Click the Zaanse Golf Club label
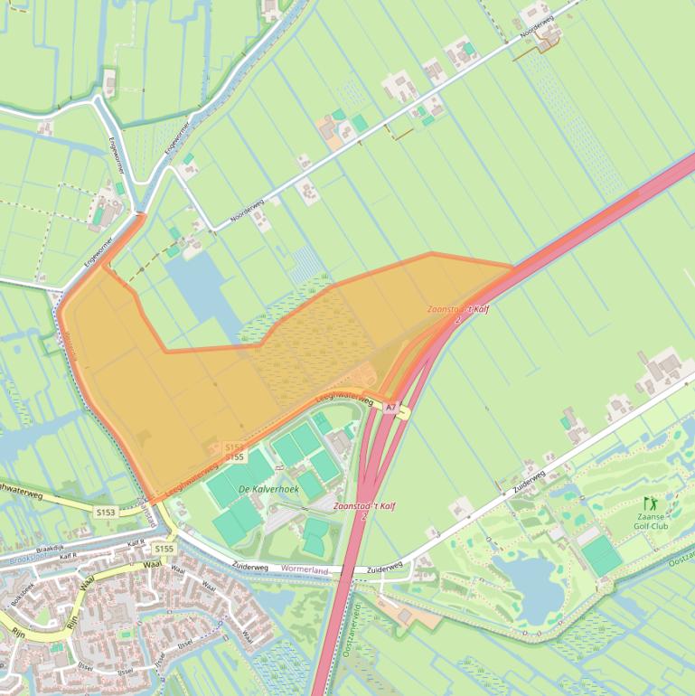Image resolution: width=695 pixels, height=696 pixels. point(650,521)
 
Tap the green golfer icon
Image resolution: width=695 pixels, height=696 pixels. point(649,503)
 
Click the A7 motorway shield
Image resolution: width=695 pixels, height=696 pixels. point(390,409)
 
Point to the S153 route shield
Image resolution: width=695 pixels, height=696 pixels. point(107,513)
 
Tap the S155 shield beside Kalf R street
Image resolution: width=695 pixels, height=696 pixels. point(164,549)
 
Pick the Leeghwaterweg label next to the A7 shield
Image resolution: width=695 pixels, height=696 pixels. point(345,399)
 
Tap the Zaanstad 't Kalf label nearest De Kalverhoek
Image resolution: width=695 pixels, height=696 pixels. point(364,507)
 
